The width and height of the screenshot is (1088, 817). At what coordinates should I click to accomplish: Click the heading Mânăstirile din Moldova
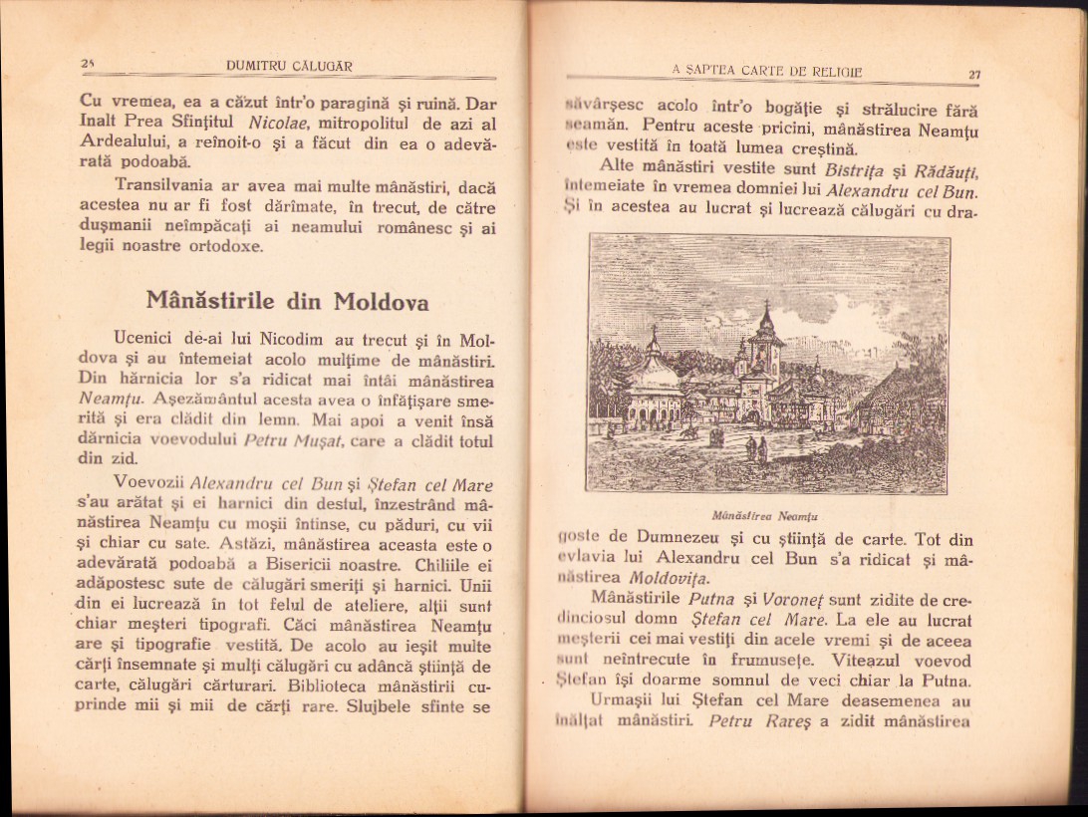[x=287, y=299]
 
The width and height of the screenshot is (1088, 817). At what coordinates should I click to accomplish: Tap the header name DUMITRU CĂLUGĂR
[x=289, y=67]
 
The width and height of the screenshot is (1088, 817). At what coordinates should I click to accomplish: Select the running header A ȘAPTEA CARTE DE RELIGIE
[x=766, y=70]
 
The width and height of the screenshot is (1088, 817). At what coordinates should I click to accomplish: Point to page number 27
[x=974, y=74]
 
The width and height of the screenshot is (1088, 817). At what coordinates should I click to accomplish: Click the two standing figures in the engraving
[x=757, y=450]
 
